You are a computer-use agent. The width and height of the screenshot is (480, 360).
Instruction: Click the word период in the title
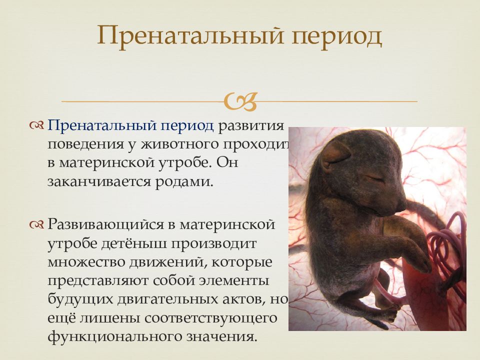[x=336, y=36]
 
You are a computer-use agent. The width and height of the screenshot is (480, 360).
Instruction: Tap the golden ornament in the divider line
[x=240, y=101]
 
